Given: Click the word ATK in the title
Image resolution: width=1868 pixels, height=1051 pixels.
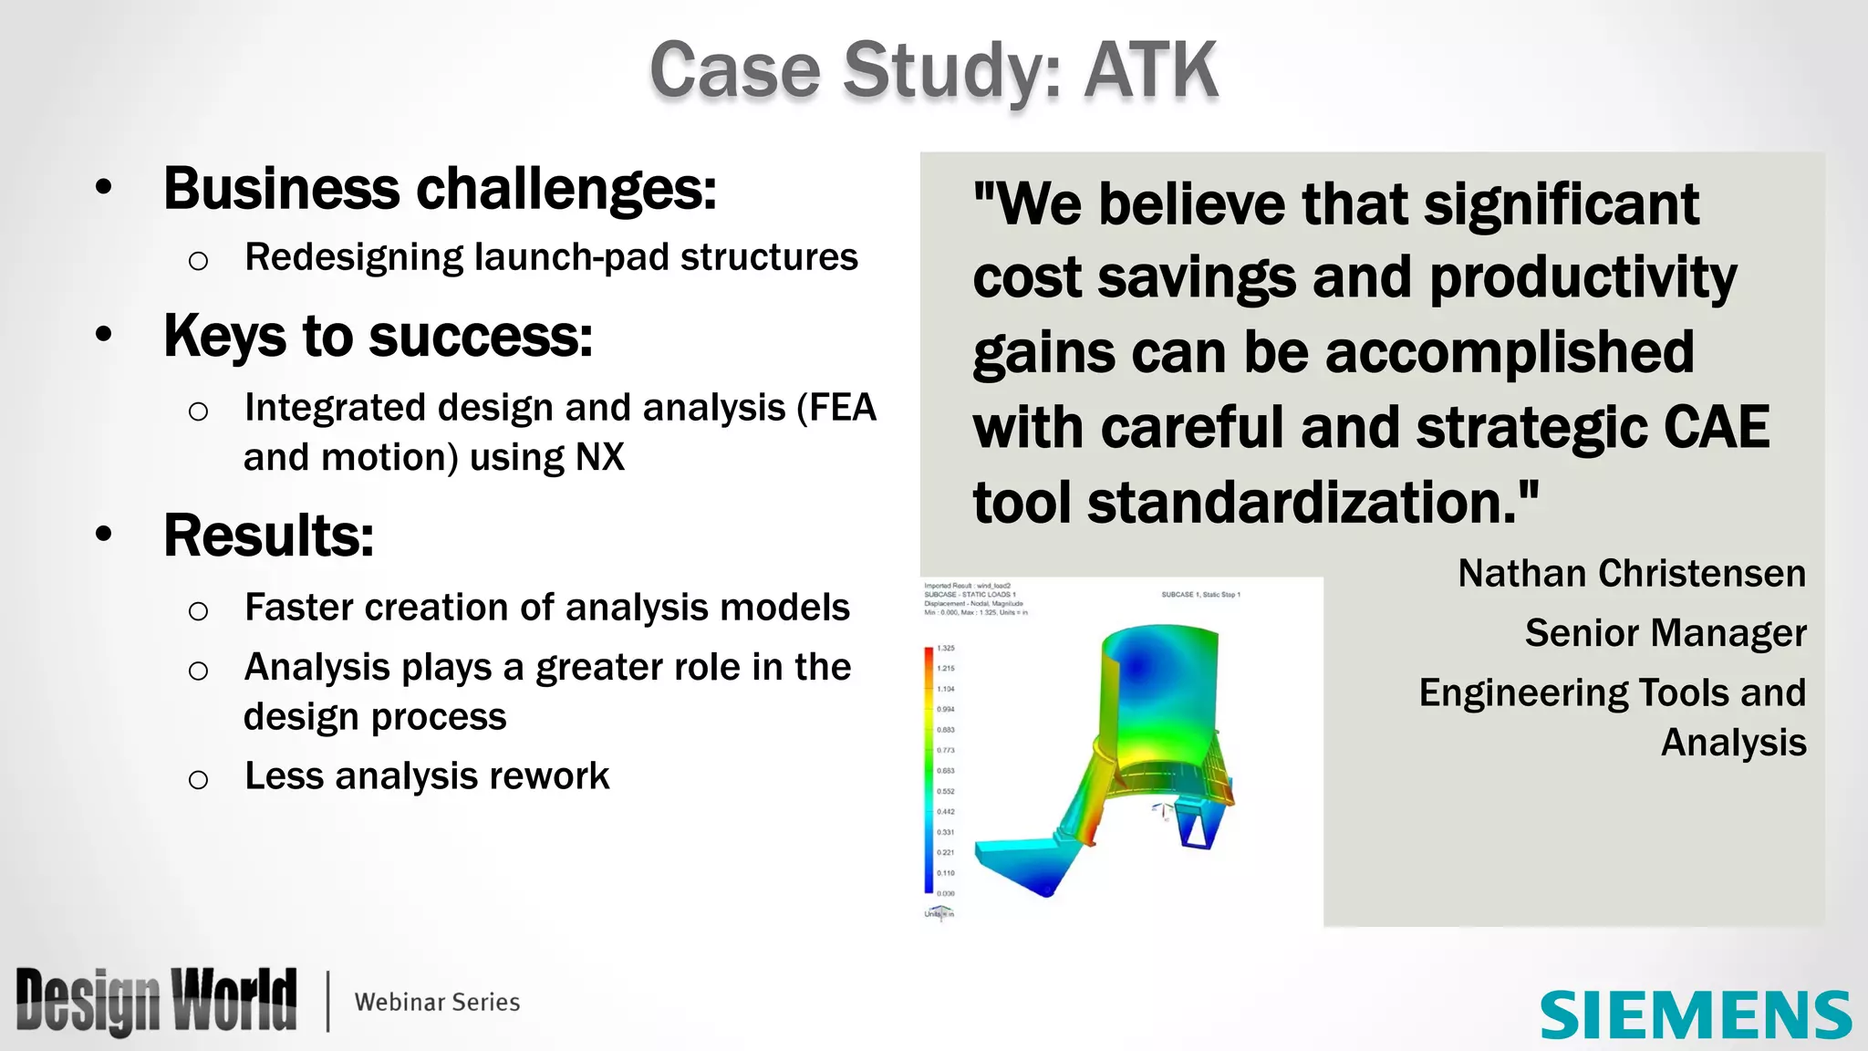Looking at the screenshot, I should [x=1151, y=70].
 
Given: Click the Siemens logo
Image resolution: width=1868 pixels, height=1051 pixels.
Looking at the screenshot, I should [x=1695, y=1015].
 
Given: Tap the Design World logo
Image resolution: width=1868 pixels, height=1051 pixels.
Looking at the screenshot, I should [x=156, y=1001].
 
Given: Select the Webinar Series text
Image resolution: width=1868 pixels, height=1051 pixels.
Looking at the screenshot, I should [x=437, y=1002].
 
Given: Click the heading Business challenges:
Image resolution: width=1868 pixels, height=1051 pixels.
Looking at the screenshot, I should [x=440, y=189].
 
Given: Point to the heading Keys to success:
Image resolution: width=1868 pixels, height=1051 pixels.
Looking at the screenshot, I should [x=378, y=336].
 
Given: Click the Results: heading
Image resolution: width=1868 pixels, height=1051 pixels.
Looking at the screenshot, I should [x=268, y=536].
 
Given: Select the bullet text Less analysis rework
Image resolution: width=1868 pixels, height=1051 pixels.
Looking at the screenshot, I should [x=427, y=776].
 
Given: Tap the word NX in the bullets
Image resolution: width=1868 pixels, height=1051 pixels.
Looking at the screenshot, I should [x=599, y=457].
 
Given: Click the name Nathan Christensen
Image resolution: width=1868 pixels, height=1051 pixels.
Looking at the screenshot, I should [x=1631, y=574].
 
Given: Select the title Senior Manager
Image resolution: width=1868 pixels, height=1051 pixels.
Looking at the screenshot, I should [x=1665, y=633].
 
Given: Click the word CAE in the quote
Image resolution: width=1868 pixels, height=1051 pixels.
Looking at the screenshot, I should [x=1715, y=427].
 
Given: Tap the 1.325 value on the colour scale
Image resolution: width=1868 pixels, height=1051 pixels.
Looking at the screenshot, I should [x=946, y=648].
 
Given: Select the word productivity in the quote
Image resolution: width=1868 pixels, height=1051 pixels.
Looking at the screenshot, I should [x=1583, y=277].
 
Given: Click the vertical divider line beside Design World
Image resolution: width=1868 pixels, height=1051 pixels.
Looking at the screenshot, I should [x=327, y=1002].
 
